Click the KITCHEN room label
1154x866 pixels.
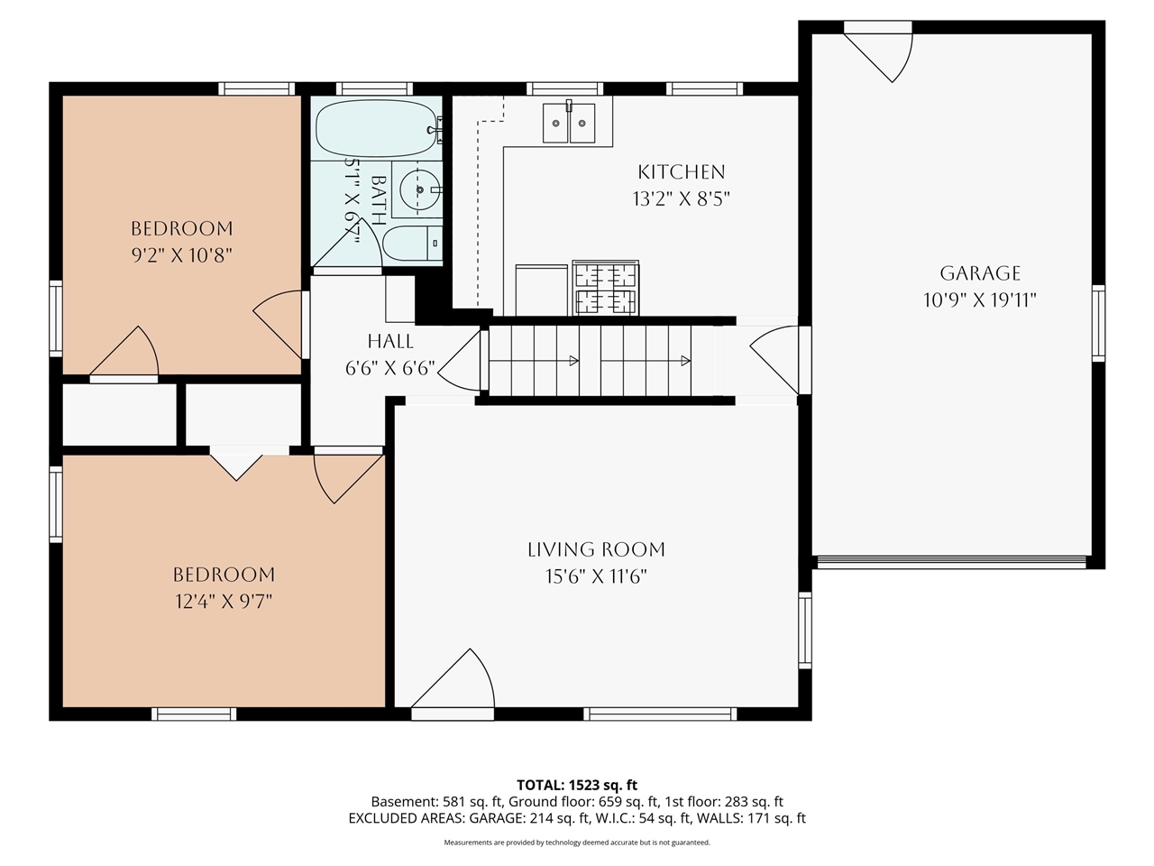pyautogui.click(x=682, y=172)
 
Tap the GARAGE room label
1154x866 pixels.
pyautogui.click(x=980, y=273)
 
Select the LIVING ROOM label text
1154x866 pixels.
pyautogui.click(x=596, y=549)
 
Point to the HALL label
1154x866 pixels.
pyautogui.click(x=390, y=341)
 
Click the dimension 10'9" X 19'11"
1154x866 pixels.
pyautogui.click(x=980, y=300)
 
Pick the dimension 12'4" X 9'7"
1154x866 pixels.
pyautogui.click(x=224, y=602)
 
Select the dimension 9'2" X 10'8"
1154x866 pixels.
pyautogui.click(x=181, y=255)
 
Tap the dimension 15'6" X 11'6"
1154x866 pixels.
pyautogui.click(x=596, y=576)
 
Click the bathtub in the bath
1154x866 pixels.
pyautogui.click(x=377, y=128)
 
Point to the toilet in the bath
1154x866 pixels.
pyautogui.click(x=413, y=243)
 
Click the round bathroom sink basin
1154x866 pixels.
pyautogui.click(x=420, y=189)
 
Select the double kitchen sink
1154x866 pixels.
pyautogui.click(x=569, y=123)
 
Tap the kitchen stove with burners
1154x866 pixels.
pyautogui.click(x=606, y=288)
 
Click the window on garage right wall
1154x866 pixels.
pyautogui.click(x=1098, y=323)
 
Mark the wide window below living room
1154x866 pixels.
pyautogui.click(x=660, y=714)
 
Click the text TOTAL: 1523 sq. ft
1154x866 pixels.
pyautogui.click(x=577, y=785)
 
